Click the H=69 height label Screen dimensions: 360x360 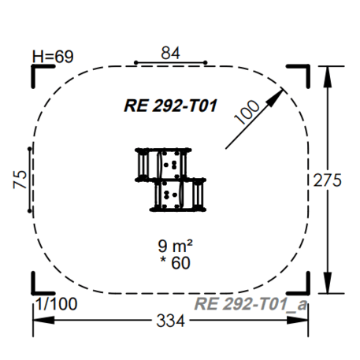(x=53, y=57)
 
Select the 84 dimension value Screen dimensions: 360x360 (x=170, y=53)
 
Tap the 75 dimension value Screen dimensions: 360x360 (x=20, y=180)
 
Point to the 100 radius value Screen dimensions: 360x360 (x=247, y=112)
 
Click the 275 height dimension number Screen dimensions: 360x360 (x=328, y=180)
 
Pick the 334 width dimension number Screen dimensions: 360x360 (x=171, y=321)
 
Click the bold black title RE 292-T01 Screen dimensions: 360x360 (x=171, y=106)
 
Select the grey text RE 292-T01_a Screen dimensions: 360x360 (x=251, y=304)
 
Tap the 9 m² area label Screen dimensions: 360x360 (x=175, y=246)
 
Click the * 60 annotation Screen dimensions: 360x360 (x=175, y=262)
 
